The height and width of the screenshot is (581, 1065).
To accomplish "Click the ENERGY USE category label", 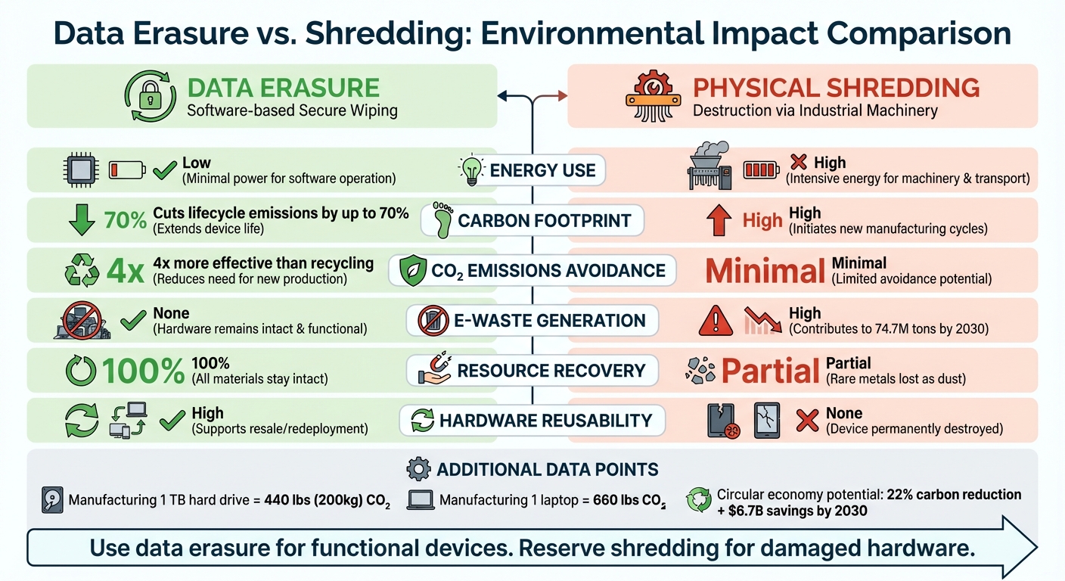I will pyautogui.click(x=542, y=170).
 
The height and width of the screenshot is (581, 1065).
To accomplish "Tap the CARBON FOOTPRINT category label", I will pyautogui.click(x=545, y=221).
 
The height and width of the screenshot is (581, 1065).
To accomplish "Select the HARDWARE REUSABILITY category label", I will pyautogui.click(x=545, y=421).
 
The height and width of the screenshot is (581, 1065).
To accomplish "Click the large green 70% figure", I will pyautogui.click(x=125, y=221).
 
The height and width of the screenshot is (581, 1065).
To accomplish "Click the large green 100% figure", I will pyautogui.click(x=143, y=371).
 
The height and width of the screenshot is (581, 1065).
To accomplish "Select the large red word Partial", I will pyautogui.click(x=770, y=371).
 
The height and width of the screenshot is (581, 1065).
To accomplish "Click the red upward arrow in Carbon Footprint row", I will pyautogui.click(x=718, y=221).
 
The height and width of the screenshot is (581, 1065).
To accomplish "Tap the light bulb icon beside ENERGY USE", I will pyautogui.click(x=472, y=169).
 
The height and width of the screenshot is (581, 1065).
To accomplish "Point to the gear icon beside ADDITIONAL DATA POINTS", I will pyautogui.click(x=418, y=469).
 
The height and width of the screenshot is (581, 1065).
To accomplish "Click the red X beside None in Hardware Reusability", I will pyautogui.click(x=807, y=421).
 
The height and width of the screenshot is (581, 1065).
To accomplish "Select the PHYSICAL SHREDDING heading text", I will pyautogui.click(x=836, y=88).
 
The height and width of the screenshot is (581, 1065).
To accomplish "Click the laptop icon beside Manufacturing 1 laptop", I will pyautogui.click(x=421, y=500).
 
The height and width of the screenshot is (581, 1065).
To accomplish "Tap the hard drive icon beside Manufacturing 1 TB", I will pyautogui.click(x=51, y=500).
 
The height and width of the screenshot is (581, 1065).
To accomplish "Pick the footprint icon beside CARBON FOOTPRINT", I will pyautogui.click(x=442, y=220).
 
